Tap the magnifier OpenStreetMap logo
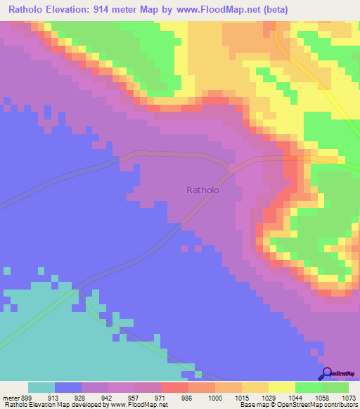(x=326, y=374)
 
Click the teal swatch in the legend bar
(x=41, y=387)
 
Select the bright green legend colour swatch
(x=309, y=387)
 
